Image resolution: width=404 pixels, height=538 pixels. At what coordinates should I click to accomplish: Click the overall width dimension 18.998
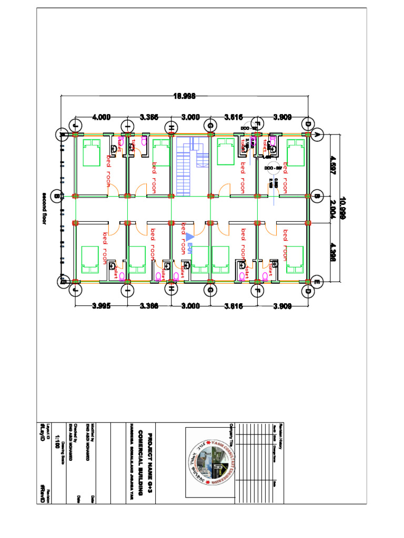coord(185,96)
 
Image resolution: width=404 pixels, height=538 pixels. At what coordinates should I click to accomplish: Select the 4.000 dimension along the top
coord(102,117)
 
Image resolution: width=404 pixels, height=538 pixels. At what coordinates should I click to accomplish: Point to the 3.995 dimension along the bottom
coord(101,306)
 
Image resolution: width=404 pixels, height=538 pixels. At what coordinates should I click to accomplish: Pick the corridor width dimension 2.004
coord(332,208)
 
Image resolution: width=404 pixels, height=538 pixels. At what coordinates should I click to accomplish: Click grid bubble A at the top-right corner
coord(317,134)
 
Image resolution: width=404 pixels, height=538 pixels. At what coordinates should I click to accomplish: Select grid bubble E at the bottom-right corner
coord(317,282)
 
